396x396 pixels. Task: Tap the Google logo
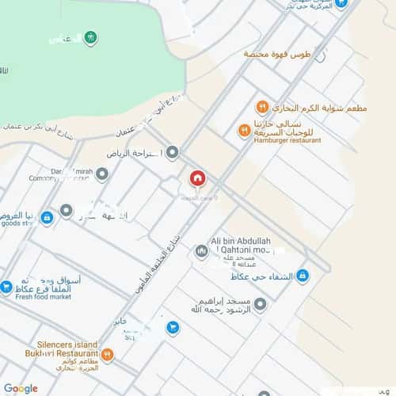point(21,388)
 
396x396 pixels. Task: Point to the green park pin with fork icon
point(92,36)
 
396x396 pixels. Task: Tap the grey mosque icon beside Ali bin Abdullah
point(201,252)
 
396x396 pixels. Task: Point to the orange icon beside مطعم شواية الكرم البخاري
point(261,107)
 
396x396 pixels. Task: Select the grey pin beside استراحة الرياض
point(172,152)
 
